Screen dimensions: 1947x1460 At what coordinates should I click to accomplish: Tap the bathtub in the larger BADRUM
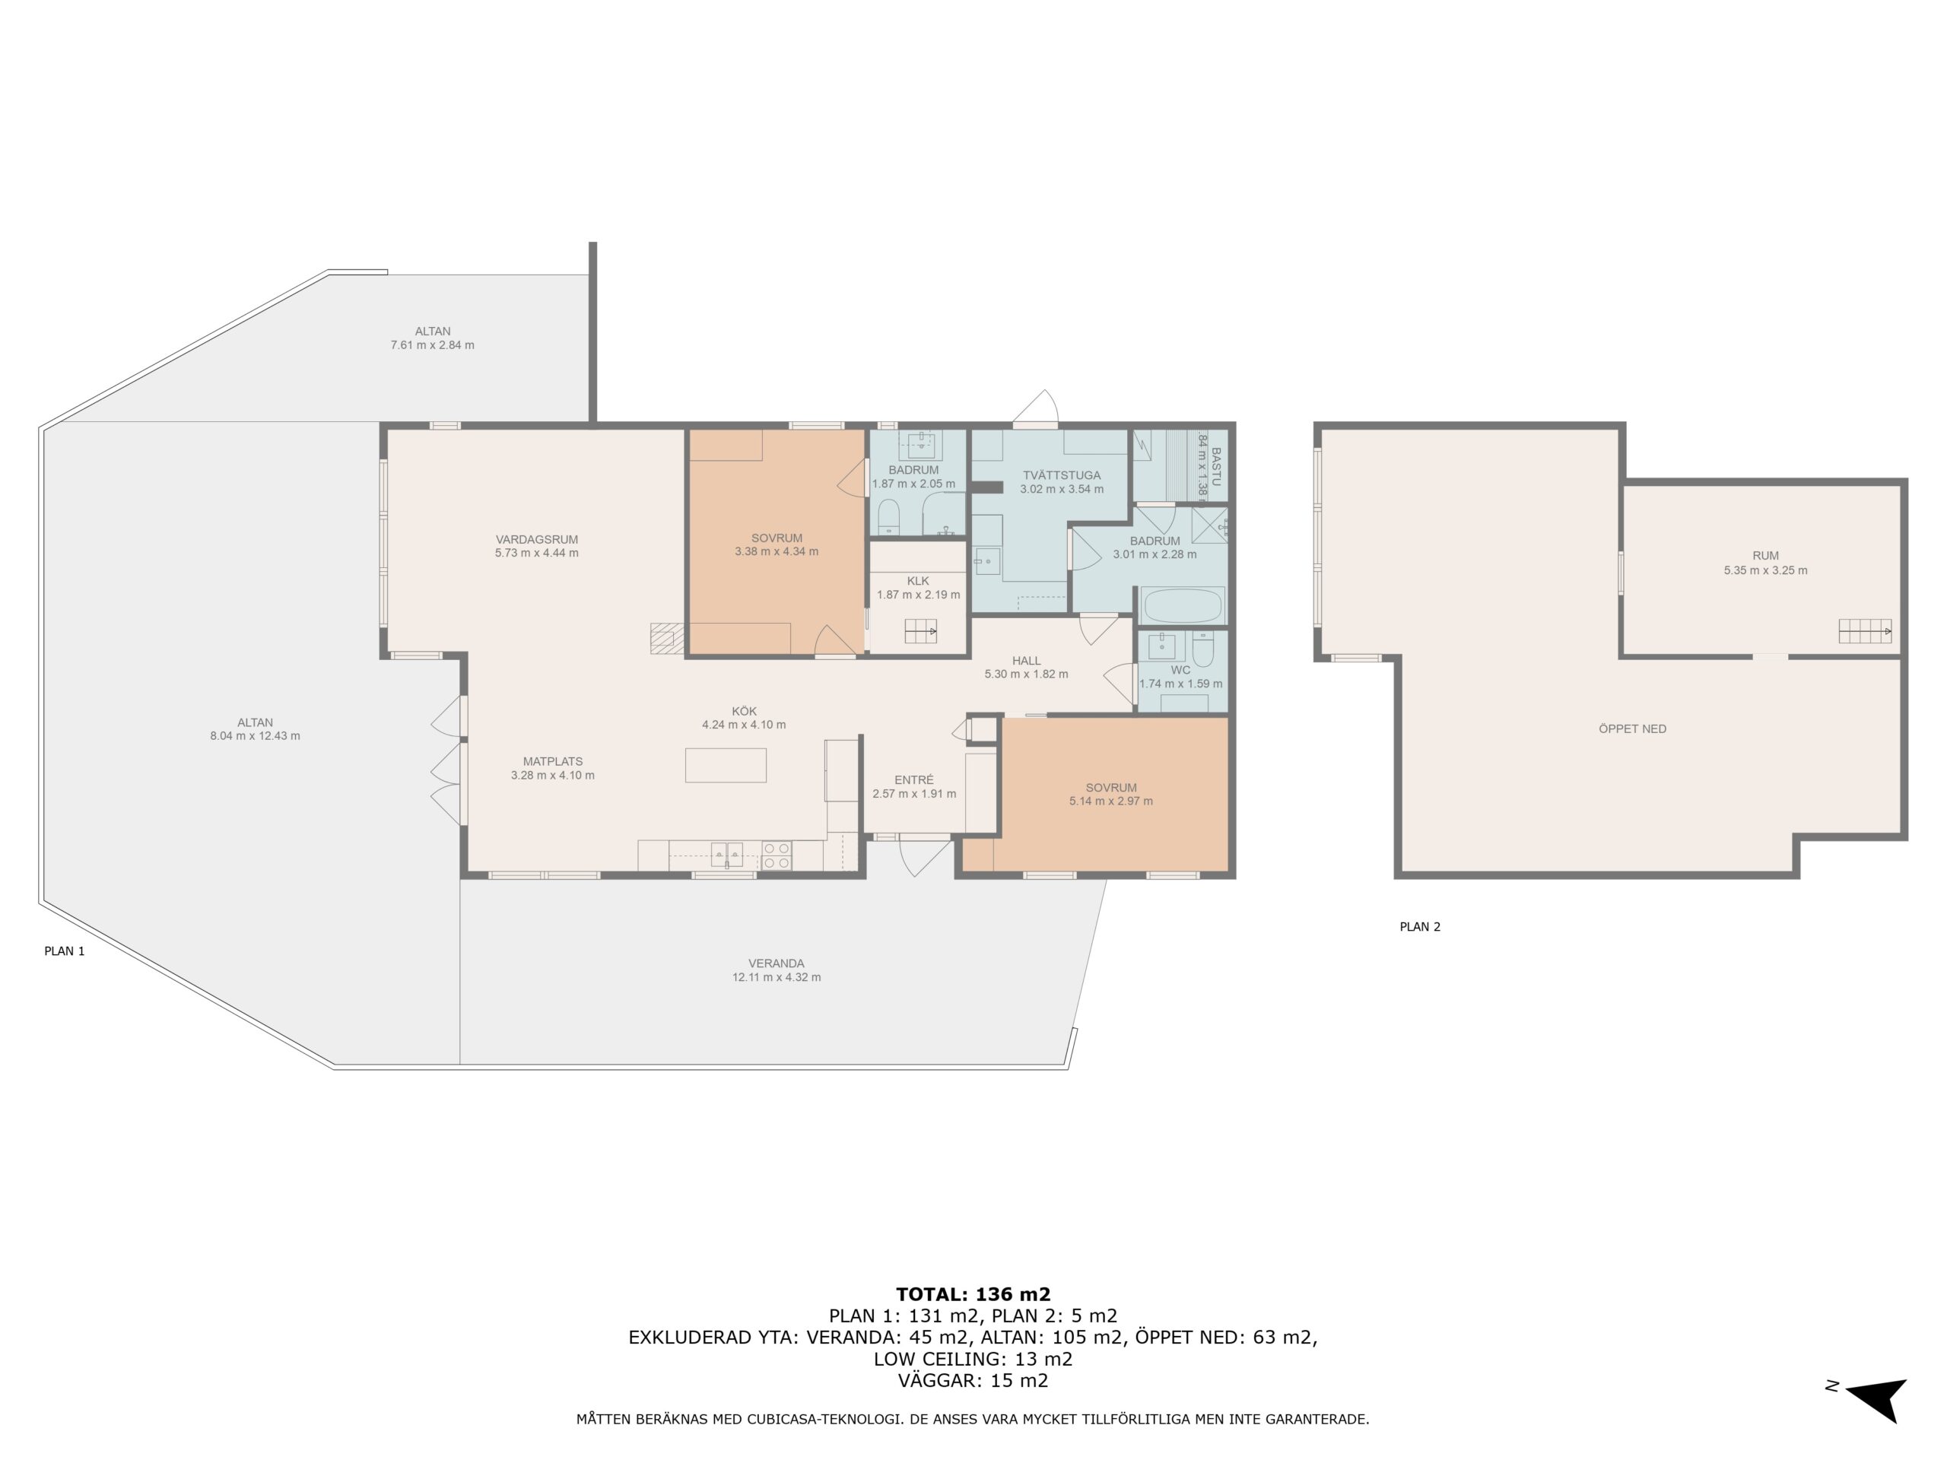tap(1182, 606)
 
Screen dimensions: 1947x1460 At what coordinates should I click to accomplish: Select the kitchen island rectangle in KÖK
tap(726, 766)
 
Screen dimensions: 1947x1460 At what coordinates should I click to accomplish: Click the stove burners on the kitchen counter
tap(777, 856)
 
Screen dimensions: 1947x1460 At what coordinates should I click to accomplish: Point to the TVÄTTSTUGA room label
tap(1062, 475)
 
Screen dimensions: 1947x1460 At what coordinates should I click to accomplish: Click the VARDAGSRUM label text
tap(536, 539)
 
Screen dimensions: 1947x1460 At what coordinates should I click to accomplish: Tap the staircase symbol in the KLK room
tap(921, 631)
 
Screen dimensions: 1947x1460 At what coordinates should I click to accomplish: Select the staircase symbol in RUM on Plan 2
tap(1865, 631)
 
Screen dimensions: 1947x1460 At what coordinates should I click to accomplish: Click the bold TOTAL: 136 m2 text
tap(973, 1293)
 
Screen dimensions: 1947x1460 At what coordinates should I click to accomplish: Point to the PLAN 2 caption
tap(1420, 927)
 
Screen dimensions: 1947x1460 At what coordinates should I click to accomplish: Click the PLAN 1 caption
tap(64, 951)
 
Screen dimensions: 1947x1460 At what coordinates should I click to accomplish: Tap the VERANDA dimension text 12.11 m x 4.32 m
tap(777, 978)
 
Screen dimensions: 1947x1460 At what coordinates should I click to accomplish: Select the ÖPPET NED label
tap(1632, 728)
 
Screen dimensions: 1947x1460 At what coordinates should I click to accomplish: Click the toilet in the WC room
tap(1203, 649)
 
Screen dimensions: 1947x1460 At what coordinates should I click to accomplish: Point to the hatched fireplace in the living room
tap(667, 638)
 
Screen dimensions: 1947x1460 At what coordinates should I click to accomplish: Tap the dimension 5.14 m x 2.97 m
tap(1111, 801)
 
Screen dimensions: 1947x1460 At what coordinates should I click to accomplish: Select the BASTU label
tap(1216, 468)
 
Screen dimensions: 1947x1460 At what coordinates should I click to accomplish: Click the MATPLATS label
tap(553, 761)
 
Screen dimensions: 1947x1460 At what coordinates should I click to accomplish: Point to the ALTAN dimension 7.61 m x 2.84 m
tap(432, 345)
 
